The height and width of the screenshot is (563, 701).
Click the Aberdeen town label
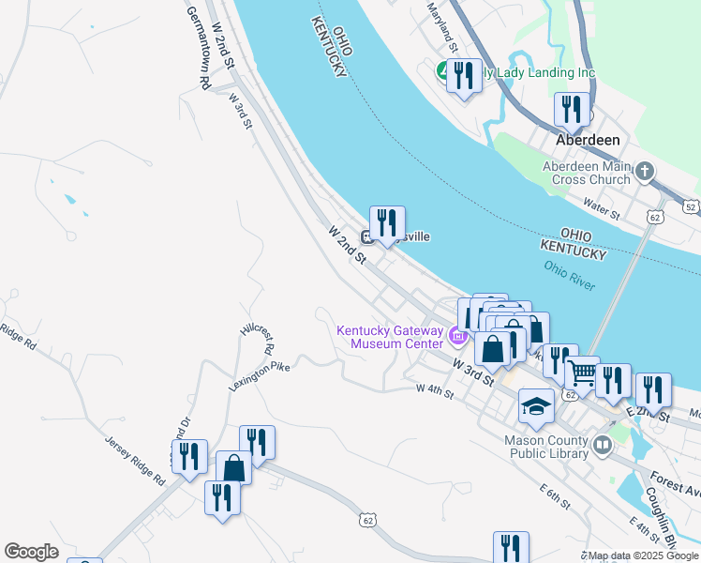coord(588,139)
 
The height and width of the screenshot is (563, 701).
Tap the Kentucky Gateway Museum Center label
coord(389,337)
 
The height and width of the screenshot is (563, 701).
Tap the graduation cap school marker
coord(536,405)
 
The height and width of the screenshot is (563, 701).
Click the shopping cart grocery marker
coord(582,374)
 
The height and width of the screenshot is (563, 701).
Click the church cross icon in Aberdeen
coord(644,171)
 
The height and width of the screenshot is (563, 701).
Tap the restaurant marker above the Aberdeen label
coord(571,109)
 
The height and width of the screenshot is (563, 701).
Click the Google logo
coord(31,552)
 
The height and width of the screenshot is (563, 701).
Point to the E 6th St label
coord(555,497)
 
